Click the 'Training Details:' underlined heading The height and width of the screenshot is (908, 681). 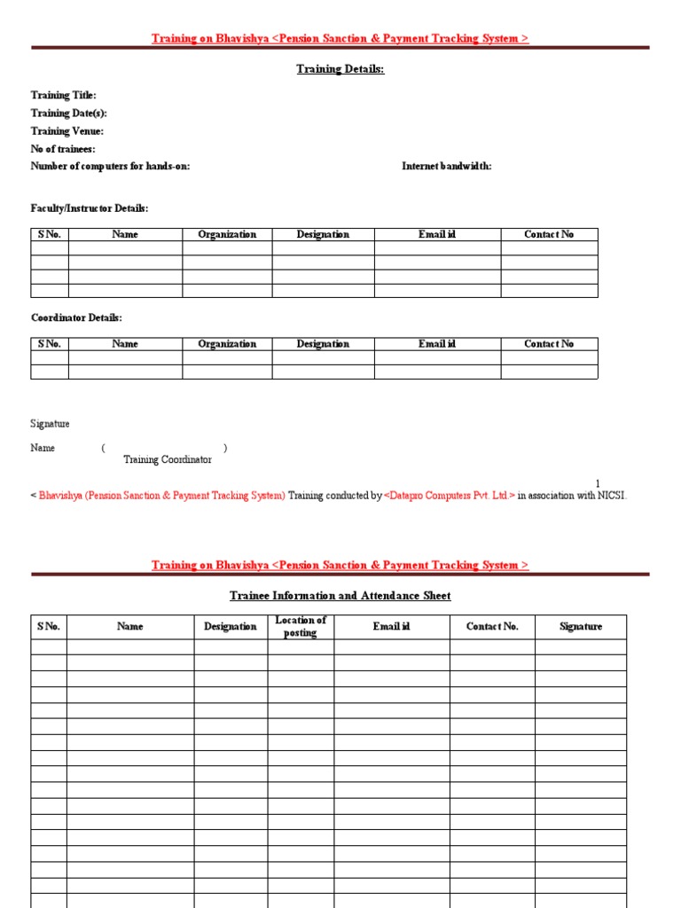point(340,69)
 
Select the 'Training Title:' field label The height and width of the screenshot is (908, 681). point(64,95)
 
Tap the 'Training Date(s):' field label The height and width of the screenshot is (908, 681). point(69,113)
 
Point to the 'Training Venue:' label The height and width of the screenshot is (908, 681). point(67,131)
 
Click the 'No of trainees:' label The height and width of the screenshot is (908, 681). point(63,149)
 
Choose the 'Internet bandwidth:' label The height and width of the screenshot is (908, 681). point(447,166)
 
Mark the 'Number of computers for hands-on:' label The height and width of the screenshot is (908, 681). point(110,166)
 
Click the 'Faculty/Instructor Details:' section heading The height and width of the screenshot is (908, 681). point(90,208)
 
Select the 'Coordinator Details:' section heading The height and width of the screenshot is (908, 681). point(76,317)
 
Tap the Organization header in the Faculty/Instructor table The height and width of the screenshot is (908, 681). point(227,235)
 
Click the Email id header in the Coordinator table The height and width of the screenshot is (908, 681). point(437,344)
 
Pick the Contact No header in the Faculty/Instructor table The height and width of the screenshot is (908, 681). point(549,235)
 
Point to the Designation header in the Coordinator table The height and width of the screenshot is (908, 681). point(323,344)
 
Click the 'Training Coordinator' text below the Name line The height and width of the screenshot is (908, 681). point(168,459)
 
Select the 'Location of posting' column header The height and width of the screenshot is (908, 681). point(301,626)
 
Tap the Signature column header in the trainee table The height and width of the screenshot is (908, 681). point(581,626)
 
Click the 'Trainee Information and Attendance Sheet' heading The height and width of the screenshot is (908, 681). point(340,596)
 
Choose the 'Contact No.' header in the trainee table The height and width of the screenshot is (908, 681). point(492,626)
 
